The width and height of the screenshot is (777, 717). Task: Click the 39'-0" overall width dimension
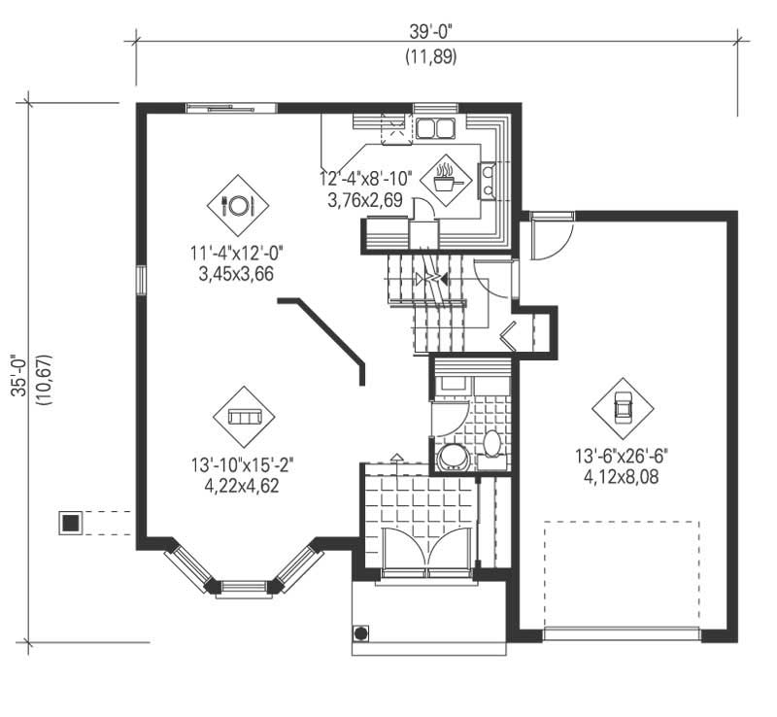[431, 31]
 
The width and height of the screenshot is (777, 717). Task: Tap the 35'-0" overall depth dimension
[19, 373]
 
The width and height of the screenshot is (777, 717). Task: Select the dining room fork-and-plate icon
[238, 205]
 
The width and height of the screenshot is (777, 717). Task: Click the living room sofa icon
[244, 417]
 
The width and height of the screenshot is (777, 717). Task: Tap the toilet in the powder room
[491, 444]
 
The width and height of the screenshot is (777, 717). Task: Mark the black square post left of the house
[70, 523]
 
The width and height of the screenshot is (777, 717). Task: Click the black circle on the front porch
[361, 633]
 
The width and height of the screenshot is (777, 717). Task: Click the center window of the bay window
[244, 587]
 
